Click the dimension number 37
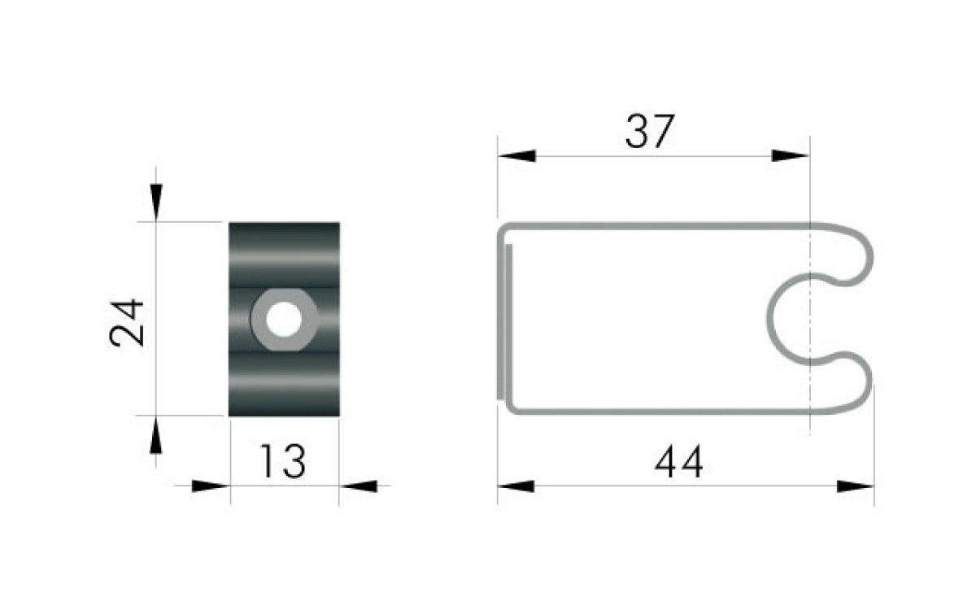650,131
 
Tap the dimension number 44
678,461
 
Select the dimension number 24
127,322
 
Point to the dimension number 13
282,461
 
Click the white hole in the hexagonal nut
284,320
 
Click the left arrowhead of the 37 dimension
516,155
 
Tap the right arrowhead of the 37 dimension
791,155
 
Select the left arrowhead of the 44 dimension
516,486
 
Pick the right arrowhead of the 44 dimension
856,486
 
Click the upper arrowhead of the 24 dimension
156,203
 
